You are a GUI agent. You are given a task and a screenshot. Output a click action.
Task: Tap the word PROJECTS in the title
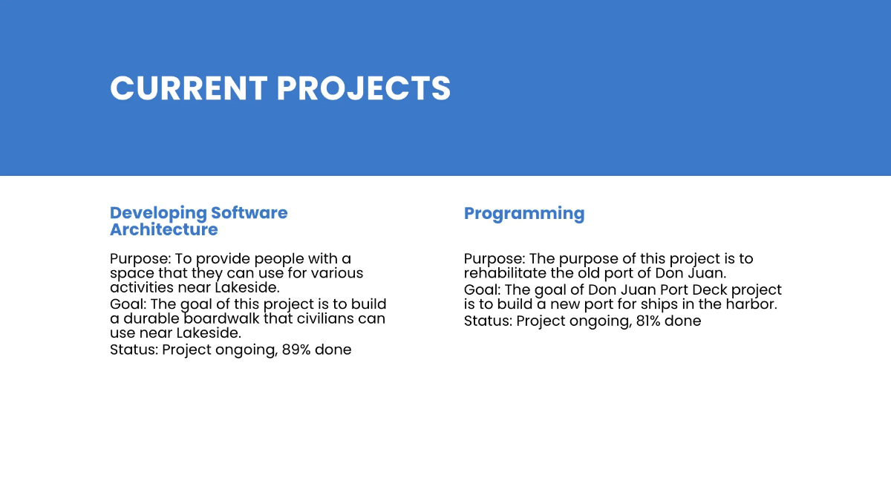click(364, 88)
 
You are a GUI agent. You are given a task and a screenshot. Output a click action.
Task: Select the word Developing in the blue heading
click(158, 213)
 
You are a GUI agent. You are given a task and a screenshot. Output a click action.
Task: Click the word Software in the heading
click(249, 213)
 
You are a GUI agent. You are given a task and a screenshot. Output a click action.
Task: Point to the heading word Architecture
click(164, 229)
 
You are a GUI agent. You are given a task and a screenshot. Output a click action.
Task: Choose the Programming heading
click(524, 214)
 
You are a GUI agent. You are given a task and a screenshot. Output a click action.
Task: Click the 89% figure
click(296, 350)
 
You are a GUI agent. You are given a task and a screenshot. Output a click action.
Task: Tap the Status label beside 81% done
click(488, 321)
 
